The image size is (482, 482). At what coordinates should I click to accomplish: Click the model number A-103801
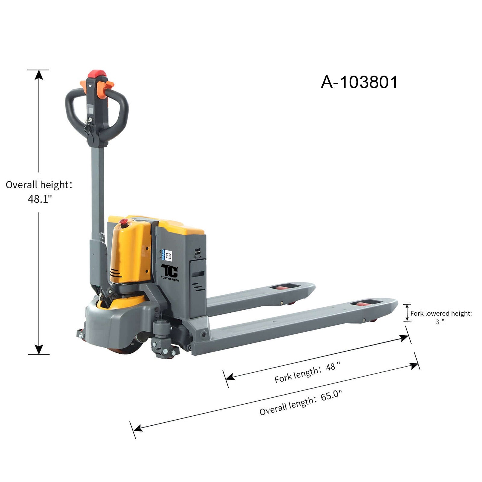coord(359,82)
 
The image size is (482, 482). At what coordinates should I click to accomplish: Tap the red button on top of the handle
coord(97,74)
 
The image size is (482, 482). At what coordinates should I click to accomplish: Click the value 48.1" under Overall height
coord(40,199)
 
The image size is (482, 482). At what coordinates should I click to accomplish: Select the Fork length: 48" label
coord(307,372)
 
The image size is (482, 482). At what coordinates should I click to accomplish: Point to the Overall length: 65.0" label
coord(301,403)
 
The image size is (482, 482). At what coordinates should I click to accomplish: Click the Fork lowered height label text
coord(441,313)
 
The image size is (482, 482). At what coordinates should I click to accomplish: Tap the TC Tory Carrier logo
coord(170,273)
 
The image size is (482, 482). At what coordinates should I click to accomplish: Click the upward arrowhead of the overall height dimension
coord(39,74)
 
